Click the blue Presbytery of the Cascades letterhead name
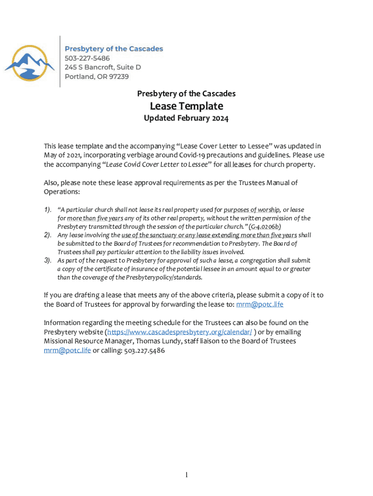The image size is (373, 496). pos(114,48)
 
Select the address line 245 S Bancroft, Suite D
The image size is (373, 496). pos(103,67)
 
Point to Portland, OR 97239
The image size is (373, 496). pos(97,76)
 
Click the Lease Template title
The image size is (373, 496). pos(186,106)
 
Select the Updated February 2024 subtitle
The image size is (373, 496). pos(186,118)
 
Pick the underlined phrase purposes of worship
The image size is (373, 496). pos(252,210)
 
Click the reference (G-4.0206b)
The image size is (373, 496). pos(264,226)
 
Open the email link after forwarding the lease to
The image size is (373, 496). pos(259,304)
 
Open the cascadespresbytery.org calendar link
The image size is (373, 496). pos(179,332)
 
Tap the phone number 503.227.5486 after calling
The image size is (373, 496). pos(144,350)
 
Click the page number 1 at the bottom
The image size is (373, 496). pos(186,476)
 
